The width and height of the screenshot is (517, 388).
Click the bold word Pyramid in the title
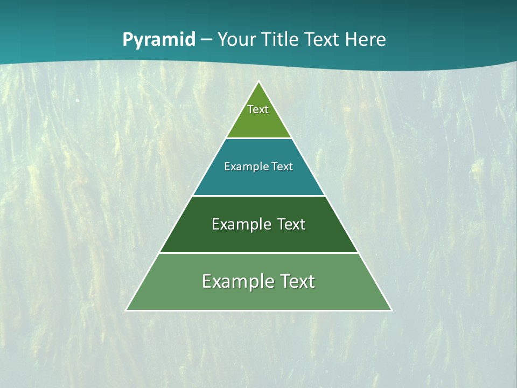pos(159,40)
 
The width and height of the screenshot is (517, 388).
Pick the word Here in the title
pos(366,40)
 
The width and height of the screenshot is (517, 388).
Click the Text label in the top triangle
pos(258,109)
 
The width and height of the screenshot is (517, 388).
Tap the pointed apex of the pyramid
pos(259,82)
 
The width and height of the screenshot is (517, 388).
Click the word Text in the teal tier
pos(282,167)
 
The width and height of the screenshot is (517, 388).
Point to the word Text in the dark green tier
pos(291,224)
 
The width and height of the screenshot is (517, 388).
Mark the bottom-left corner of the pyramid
pos(127,310)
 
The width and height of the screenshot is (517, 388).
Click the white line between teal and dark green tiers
pos(259,196)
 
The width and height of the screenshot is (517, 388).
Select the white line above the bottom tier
pos(259,253)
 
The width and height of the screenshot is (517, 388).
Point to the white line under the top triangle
pos(259,138)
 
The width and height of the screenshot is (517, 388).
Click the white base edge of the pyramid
pos(259,310)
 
